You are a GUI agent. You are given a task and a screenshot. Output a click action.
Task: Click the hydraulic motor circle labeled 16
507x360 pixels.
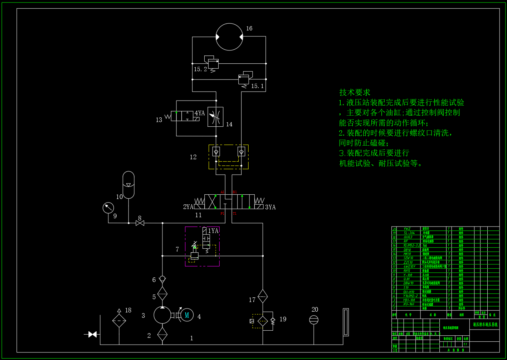click(x=229, y=37)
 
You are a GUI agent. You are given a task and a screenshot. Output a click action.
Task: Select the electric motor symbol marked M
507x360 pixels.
click(x=186, y=315)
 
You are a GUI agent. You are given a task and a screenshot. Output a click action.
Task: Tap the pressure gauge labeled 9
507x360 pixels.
click(x=108, y=208)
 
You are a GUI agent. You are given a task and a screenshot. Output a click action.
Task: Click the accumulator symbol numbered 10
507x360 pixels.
click(x=128, y=185)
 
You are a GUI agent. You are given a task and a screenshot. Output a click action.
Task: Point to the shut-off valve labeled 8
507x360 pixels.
click(x=140, y=223)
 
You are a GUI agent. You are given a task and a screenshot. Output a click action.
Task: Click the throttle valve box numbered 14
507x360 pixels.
click(x=215, y=117)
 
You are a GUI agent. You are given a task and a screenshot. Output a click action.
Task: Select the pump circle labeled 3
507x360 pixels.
click(x=162, y=315)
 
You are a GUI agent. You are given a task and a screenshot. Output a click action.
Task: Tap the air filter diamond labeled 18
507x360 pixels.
click(x=119, y=321)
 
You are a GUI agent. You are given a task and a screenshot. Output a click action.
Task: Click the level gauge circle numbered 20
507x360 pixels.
click(x=313, y=320)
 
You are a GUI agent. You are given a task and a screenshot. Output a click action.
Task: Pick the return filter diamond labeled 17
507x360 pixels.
click(x=263, y=296)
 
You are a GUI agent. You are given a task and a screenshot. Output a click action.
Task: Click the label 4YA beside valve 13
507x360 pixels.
click(x=200, y=113)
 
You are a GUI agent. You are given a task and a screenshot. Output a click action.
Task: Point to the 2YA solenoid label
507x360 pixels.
click(x=188, y=207)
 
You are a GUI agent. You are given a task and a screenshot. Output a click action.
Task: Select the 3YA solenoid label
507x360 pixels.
click(x=270, y=207)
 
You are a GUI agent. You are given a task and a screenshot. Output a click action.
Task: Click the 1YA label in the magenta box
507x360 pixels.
click(x=213, y=231)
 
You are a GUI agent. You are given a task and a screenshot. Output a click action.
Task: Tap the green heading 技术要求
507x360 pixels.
click(x=355, y=92)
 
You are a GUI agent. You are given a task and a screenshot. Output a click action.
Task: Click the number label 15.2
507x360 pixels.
click(x=200, y=69)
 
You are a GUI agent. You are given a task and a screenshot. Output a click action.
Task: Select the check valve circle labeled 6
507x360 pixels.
click(x=162, y=278)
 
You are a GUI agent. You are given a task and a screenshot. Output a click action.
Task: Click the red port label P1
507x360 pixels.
click(x=222, y=214)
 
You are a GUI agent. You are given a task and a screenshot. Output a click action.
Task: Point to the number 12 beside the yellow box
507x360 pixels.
click(x=193, y=157)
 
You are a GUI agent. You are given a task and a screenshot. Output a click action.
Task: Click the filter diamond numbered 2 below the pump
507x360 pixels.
click(x=162, y=334)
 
